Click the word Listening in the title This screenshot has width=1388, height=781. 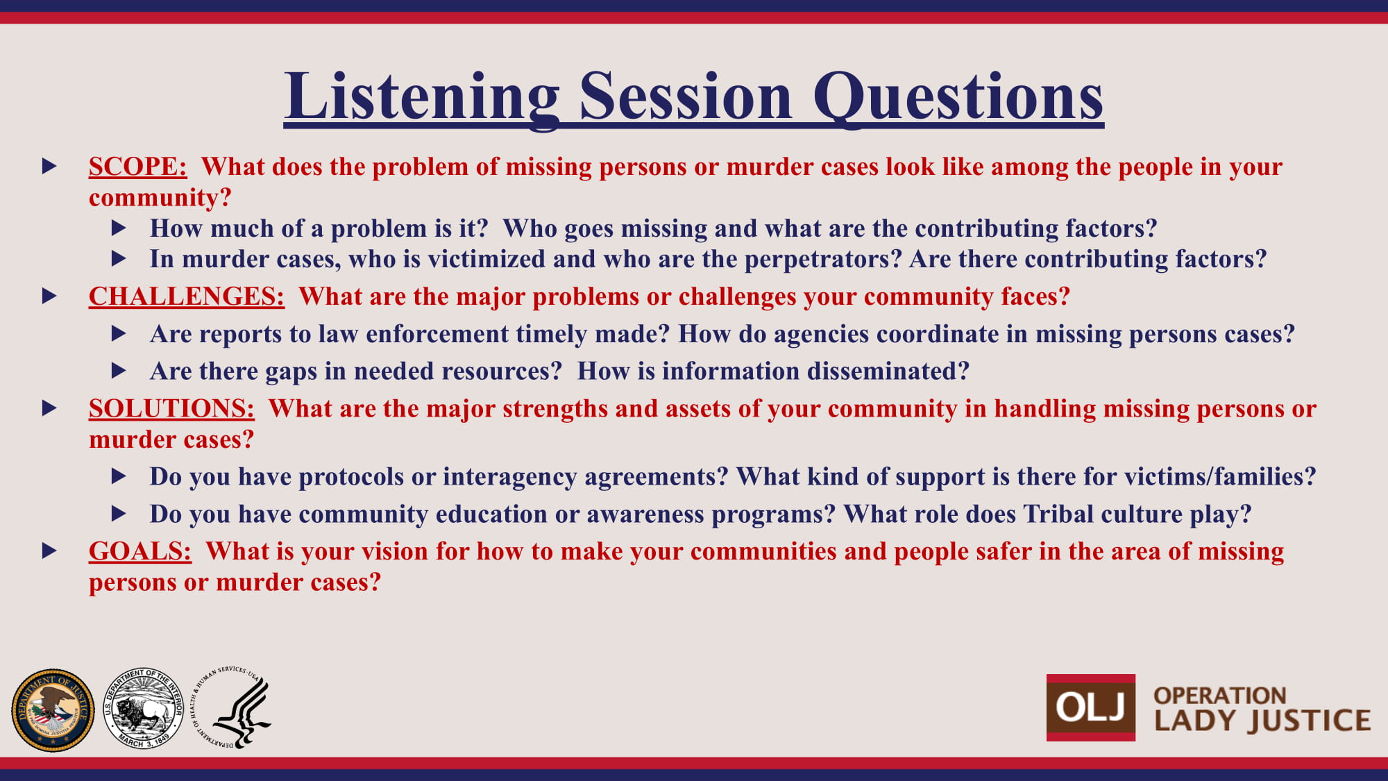pos(422,98)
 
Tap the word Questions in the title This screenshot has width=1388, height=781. pos(958,98)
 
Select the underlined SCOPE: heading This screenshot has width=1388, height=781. pos(137,167)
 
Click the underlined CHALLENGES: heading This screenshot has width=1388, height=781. pos(187,296)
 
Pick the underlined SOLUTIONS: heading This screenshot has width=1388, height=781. pos(171,409)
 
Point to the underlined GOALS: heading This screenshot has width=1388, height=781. pos(140,551)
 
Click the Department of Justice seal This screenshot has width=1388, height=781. pos(53,709)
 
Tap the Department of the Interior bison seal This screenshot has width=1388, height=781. pos(143,709)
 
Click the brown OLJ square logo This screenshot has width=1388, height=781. pos(1091,707)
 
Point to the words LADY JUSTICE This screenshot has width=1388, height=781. pos(1262,721)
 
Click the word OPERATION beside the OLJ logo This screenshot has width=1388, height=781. pos(1220,695)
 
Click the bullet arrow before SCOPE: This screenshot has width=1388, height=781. pos(49,167)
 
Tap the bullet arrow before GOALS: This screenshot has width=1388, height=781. pos(49,551)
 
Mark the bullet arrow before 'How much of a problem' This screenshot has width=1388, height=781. pos(119,228)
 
